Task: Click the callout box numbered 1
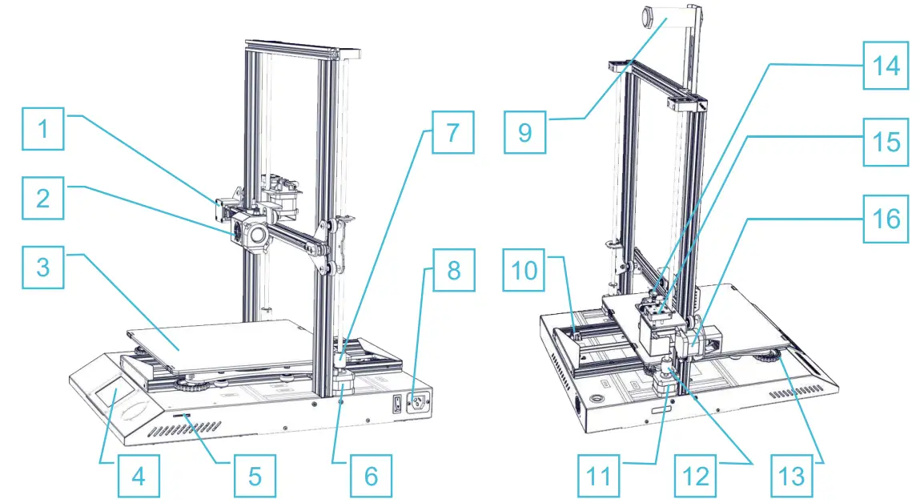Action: click(43, 130)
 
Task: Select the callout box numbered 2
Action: click(43, 199)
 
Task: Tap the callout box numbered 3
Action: click(43, 266)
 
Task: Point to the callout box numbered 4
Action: click(139, 476)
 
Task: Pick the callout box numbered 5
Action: click(254, 476)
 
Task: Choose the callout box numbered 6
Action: click(370, 476)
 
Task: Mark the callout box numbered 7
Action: click(452, 131)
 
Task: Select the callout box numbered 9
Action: click(524, 131)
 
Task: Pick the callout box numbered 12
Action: click(695, 476)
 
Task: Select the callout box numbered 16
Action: click(885, 218)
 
